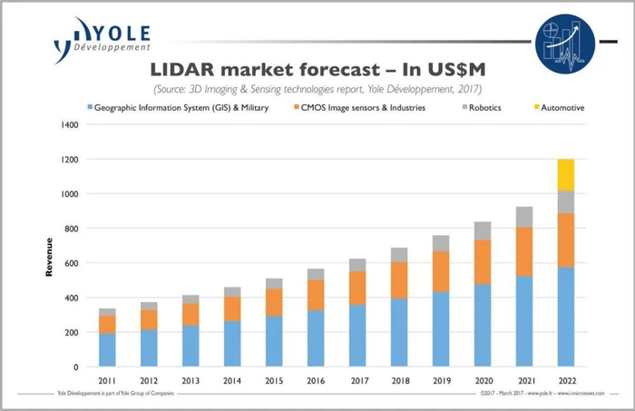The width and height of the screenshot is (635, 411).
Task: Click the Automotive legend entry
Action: (x=559, y=107)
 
